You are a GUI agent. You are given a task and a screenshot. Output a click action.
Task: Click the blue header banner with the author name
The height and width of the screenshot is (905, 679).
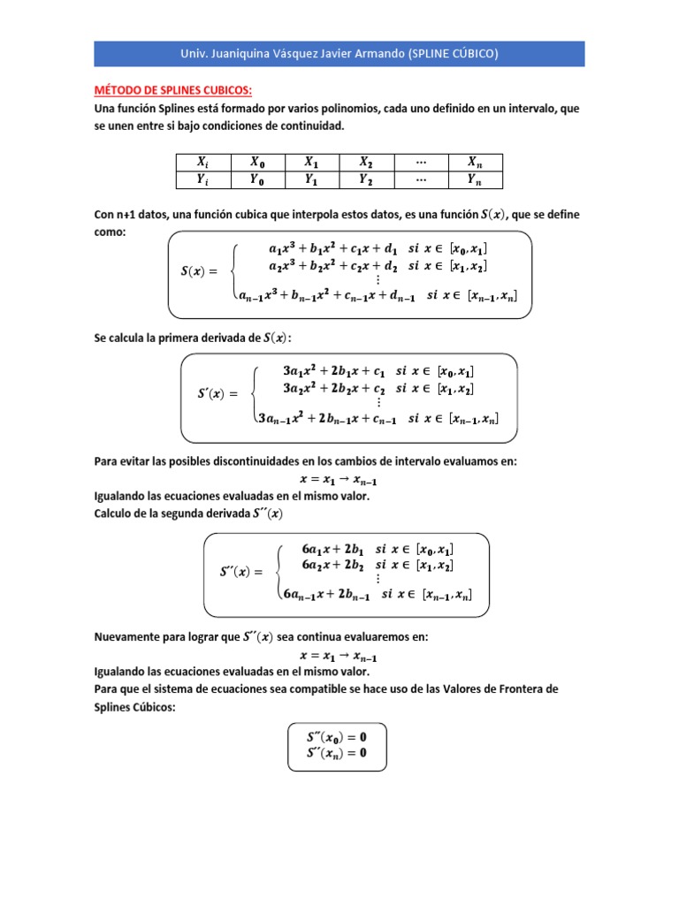point(339,53)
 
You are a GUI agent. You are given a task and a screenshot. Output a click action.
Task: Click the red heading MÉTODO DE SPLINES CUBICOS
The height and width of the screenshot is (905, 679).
point(173,90)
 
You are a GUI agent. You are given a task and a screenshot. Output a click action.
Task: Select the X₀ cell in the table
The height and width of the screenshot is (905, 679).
point(256,162)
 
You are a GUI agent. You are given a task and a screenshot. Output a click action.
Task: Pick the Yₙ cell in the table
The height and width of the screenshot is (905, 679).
point(474,179)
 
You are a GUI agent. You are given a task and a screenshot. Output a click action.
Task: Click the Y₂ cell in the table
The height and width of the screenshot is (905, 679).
point(365,179)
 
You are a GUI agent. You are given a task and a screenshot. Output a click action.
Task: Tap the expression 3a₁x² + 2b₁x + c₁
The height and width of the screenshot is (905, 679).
point(333,369)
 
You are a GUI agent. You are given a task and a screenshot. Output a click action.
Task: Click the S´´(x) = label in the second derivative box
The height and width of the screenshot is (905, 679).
point(241,572)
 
